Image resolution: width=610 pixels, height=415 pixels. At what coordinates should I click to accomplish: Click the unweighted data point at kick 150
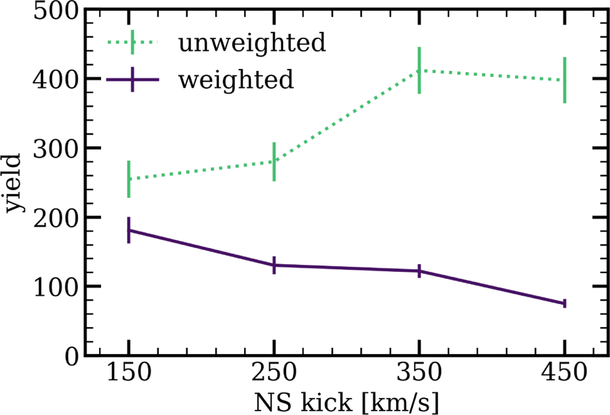tap(129, 179)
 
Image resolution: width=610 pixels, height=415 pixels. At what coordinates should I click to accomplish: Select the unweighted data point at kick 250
tap(274, 161)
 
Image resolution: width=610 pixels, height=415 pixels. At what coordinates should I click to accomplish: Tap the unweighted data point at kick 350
tap(419, 70)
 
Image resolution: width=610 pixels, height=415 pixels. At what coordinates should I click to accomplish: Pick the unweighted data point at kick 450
tap(564, 80)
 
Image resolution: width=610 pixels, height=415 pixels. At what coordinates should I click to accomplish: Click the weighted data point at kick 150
tap(129, 230)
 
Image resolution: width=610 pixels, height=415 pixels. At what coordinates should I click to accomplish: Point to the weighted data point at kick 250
tap(274, 265)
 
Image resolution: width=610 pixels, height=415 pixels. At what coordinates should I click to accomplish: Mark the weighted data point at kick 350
tap(419, 271)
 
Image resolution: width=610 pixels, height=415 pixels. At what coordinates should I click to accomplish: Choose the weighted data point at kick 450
tap(564, 303)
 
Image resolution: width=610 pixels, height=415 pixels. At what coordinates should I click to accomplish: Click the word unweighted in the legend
tap(251, 44)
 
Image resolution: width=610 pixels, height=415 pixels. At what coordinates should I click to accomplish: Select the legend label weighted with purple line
tap(236, 80)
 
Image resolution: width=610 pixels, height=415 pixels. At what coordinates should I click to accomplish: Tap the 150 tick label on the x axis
tap(129, 376)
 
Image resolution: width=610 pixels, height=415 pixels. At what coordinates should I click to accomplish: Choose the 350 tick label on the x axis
tap(419, 376)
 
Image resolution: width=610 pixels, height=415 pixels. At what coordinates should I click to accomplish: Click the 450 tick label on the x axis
tap(564, 376)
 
